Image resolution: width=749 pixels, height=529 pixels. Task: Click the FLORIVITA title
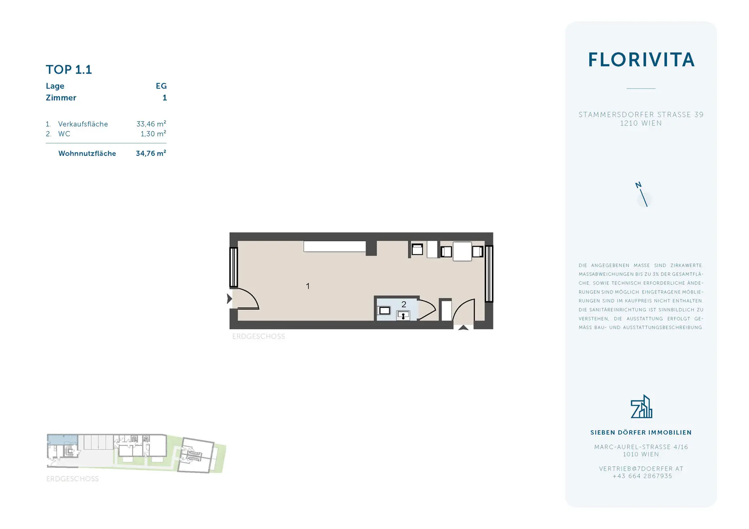point(641,60)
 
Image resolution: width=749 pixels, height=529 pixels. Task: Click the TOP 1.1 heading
point(69,69)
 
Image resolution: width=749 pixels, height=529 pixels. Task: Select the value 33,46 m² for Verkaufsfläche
point(151,124)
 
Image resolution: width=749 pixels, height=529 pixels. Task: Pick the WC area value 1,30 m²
point(153,134)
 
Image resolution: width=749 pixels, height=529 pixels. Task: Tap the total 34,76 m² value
point(151,153)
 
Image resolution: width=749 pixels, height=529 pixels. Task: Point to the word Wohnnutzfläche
point(87,153)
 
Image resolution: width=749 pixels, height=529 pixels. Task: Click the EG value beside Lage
point(161,86)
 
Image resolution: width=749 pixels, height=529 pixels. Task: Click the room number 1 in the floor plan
point(308,286)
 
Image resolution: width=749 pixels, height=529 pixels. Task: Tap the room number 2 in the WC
point(404,304)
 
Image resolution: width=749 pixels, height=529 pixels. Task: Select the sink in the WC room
point(403,315)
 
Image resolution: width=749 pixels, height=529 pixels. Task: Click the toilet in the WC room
point(384,310)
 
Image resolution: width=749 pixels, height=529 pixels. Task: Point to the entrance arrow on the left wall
point(229,299)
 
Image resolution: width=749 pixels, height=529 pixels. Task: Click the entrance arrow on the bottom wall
point(463,327)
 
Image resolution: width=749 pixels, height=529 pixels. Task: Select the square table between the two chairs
point(462,251)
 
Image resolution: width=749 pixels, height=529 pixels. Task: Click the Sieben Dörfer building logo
point(641,406)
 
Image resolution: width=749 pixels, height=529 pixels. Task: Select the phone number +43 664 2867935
point(642,476)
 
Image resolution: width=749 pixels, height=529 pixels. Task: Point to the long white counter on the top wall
point(335,246)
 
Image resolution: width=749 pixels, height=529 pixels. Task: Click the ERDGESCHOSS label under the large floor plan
point(259,336)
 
